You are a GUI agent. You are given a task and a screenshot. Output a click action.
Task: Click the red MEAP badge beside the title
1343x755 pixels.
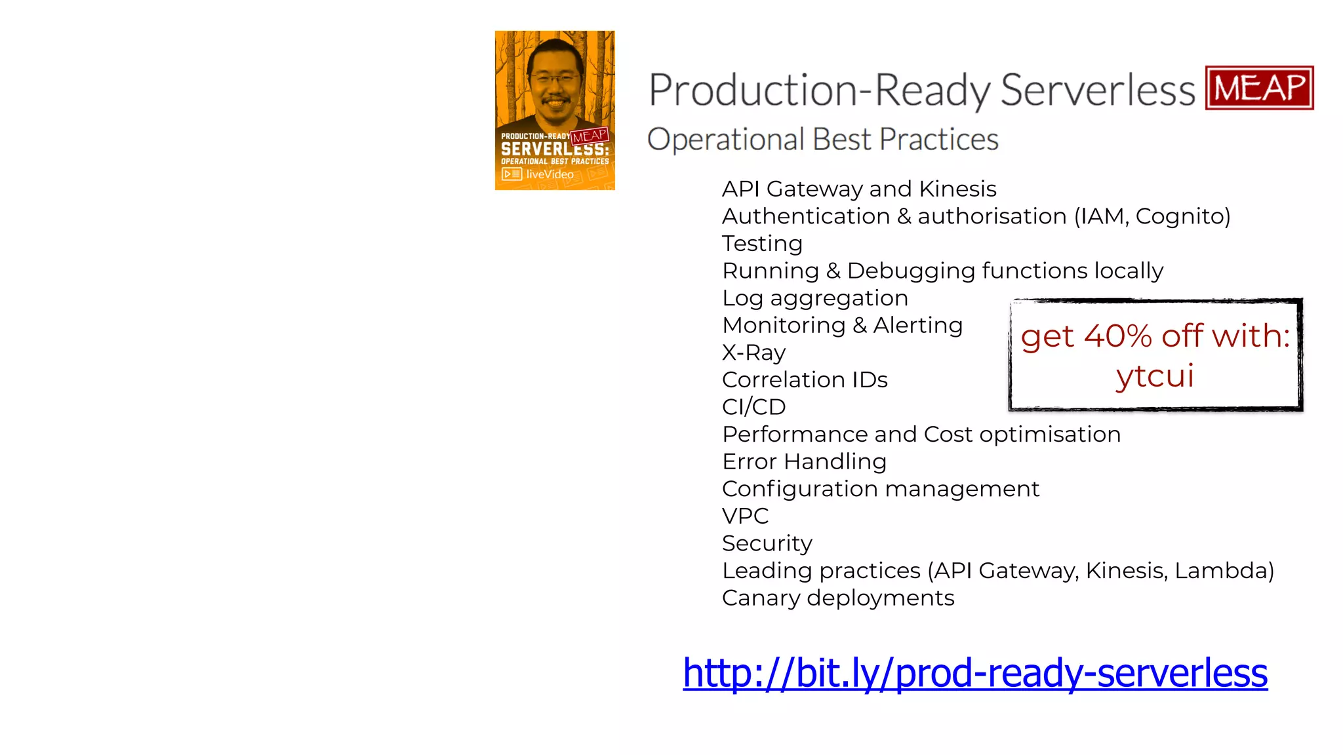[x=1259, y=88]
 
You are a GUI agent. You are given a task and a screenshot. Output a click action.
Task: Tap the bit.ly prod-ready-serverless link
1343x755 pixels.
[x=974, y=673]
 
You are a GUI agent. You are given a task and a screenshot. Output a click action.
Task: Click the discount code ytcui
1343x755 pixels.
[x=1155, y=376]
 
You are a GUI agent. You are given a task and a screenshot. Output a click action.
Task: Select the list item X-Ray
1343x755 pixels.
[x=753, y=353]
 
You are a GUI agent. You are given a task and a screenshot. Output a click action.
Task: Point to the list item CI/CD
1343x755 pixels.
[x=753, y=407]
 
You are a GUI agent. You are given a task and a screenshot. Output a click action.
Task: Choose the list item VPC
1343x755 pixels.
[x=745, y=516]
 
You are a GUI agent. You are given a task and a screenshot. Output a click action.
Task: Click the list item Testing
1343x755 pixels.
[x=762, y=244]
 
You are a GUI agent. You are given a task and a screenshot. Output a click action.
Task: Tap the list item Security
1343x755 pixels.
[x=767, y=543]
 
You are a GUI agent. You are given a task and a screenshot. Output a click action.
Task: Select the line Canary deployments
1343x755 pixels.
[x=837, y=598]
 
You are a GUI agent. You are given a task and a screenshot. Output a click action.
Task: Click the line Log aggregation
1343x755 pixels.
[x=814, y=298]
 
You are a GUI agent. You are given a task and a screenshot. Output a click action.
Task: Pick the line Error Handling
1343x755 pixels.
[x=804, y=461]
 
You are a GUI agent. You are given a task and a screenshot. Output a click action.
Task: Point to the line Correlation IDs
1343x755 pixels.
[x=804, y=380]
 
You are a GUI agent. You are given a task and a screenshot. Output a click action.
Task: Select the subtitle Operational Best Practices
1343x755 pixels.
[x=822, y=140]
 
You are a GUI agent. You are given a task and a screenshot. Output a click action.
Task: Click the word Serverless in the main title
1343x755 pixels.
[x=1098, y=90]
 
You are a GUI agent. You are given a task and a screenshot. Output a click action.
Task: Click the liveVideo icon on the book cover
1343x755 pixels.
[x=511, y=174]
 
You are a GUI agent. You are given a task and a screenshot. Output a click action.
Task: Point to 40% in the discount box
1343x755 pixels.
[x=1117, y=336]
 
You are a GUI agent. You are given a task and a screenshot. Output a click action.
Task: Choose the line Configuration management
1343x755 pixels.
[x=880, y=489]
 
